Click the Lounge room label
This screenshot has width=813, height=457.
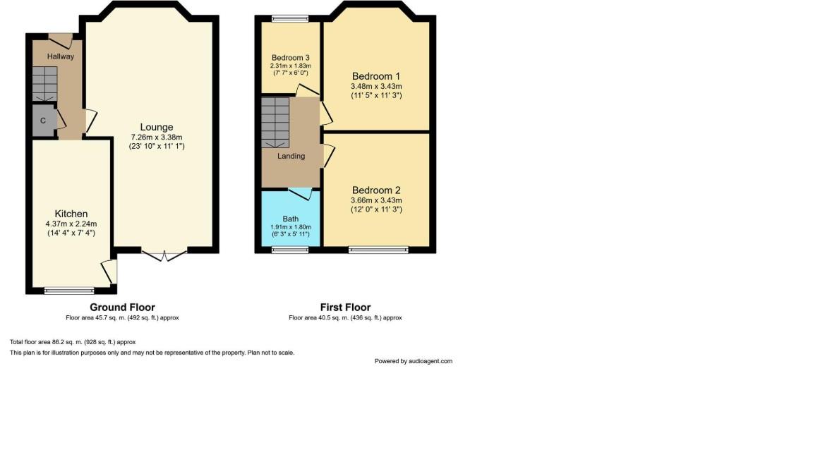click(x=157, y=127)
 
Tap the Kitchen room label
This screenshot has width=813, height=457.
click(x=71, y=214)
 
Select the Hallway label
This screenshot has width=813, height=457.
click(x=61, y=56)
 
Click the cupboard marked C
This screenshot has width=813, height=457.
click(x=43, y=121)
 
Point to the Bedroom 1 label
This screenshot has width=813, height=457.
click(x=376, y=76)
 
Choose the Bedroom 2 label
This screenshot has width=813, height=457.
click(x=376, y=190)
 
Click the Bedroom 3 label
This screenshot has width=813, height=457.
click(x=291, y=57)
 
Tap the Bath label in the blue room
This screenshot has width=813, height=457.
click(x=291, y=219)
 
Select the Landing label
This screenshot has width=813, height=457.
click(x=291, y=156)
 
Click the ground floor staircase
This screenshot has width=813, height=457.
click(x=44, y=83)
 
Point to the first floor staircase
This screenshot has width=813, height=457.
click(x=275, y=121)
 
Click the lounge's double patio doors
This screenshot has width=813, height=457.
click(x=164, y=255)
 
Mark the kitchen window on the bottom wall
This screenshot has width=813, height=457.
click(x=69, y=290)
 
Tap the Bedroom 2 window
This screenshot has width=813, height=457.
click(x=378, y=249)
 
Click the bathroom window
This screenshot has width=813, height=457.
click(x=286, y=249)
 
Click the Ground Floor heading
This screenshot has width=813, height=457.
click(x=122, y=307)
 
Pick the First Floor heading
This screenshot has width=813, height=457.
click(x=345, y=307)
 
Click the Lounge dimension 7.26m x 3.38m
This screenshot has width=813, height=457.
click(x=157, y=137)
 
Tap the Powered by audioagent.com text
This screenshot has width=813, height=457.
click(x=413, y=361)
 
